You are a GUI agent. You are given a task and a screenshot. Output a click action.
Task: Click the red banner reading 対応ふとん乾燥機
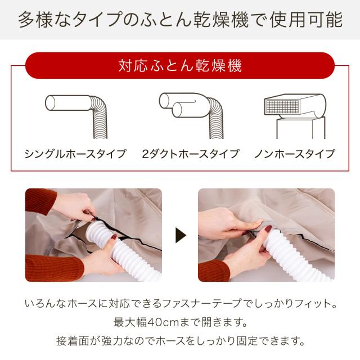coord(180,66)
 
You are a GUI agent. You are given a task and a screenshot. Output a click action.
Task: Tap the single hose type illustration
coord(76,116)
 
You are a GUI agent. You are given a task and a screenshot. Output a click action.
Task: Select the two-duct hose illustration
coord(191,115)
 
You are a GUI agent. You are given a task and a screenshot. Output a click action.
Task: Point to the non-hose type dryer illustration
coord(295,116)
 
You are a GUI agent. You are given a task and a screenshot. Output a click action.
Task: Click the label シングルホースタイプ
coord(75,154)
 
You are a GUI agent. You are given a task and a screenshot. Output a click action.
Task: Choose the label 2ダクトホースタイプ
coord(190,154)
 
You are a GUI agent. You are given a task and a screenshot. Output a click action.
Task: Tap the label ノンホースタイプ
coord(295,154)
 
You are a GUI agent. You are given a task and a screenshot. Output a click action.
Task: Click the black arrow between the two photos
coord(180,235)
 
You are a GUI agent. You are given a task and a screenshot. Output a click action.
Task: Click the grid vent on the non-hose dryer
coord(282,106)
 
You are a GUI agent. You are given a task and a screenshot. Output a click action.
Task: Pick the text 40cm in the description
coord(163,322)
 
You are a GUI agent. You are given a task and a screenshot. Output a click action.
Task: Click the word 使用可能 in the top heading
coord(306,20)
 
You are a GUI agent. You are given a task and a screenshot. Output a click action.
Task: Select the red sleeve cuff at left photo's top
coord(40,200)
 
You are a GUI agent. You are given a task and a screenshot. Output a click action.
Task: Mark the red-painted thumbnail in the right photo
coord(268,228)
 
